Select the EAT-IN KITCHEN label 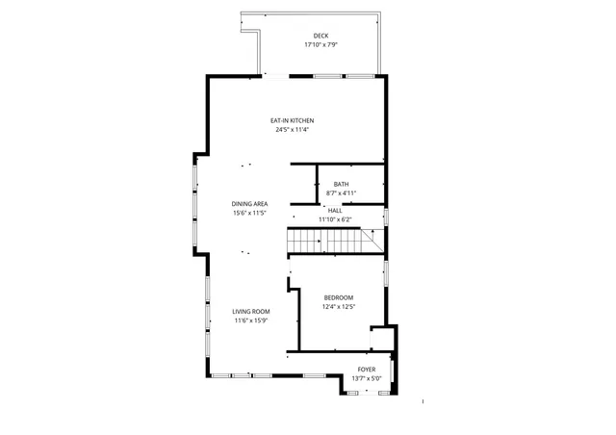click(294, 120)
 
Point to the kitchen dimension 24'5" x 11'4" click(294, 129)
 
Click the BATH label click(342, 184)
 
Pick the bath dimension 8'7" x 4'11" click(342, 192)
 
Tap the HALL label click(335, 211)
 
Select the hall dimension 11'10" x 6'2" click(335, 219)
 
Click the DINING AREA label click(249, 204)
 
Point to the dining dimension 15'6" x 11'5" click(249, 213)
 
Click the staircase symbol click(323, 240)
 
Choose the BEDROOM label click(339, 297)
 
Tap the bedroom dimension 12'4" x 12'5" click(339, 307)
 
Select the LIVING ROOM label click(251, 312)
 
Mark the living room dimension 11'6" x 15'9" click(251, 320)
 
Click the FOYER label click(367, 370)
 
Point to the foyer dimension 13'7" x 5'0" click(367, 378)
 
